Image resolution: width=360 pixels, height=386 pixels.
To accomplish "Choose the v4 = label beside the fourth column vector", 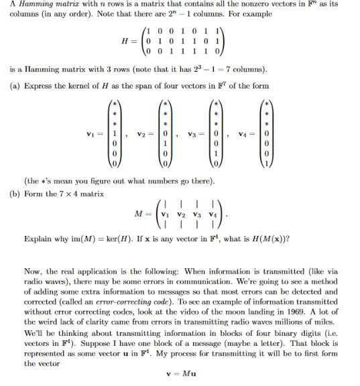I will click(x=256, y=133).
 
